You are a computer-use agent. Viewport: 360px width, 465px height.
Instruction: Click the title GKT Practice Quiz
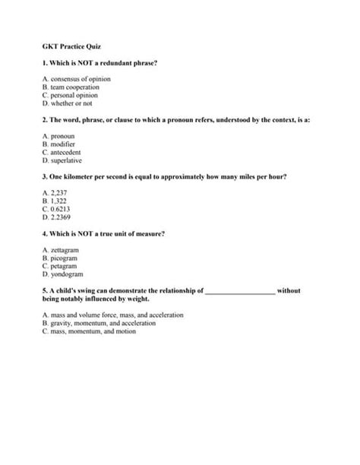(x=68, y=46)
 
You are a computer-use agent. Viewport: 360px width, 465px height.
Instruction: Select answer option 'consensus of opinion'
(x=78, y=79)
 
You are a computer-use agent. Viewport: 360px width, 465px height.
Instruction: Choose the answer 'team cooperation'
(x=75, y=87)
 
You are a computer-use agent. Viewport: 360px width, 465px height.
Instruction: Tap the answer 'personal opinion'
(x=74, y=96)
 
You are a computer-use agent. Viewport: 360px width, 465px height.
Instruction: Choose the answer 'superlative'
(x=69, y=161)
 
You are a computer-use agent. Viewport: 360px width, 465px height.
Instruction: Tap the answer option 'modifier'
(x=66, y=144)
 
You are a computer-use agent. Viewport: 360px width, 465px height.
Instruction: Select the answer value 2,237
(x=60, y=194)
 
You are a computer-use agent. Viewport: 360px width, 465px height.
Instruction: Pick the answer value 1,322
(x=60, y=201)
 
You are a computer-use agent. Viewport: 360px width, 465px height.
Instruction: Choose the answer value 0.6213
(x=62, y=210)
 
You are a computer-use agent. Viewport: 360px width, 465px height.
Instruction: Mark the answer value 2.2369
(x=62, y=217)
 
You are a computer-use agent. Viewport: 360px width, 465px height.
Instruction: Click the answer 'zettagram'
(x=65, y=250)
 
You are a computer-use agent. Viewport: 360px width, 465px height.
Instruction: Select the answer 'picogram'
(x=65, y=258)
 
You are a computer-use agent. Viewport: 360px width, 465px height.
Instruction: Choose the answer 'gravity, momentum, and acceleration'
(x=94, y=324)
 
